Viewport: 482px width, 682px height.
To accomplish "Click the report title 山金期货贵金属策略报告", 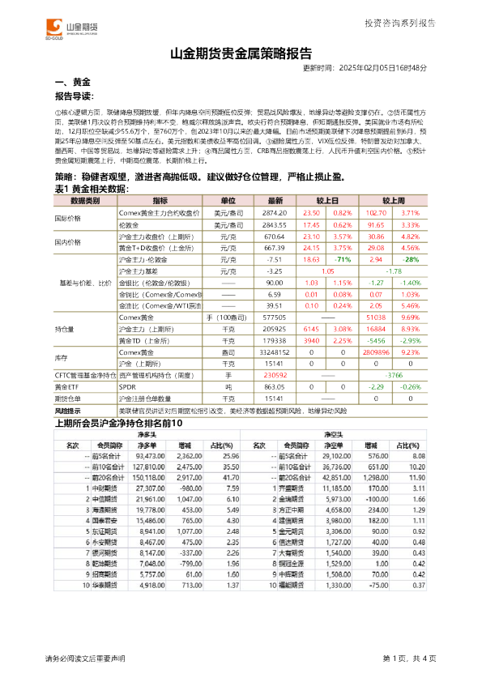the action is tap(241, 55).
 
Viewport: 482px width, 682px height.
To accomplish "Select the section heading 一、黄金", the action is tap(72, 83).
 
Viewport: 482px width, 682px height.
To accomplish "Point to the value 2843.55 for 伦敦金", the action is tap(275, 223).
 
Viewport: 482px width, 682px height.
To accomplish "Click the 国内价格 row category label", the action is tap(67, 241).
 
